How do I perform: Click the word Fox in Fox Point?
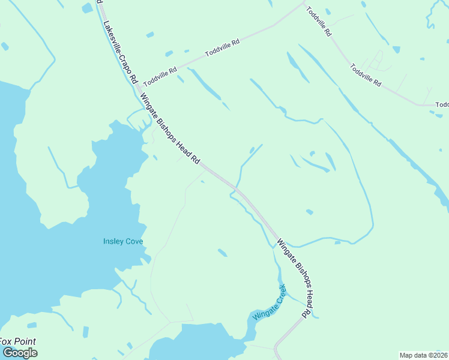pyautogui.click(x=7, y=342)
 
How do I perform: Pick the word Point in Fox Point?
pyautogui.click(x=25, y=342)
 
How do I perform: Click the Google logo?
pyautogui.click(x=20, y=353)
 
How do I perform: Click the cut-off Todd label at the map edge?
pyautogui.click(x=442, y=105)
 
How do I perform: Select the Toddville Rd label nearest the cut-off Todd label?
pyautogui.click(x=366, y=76)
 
